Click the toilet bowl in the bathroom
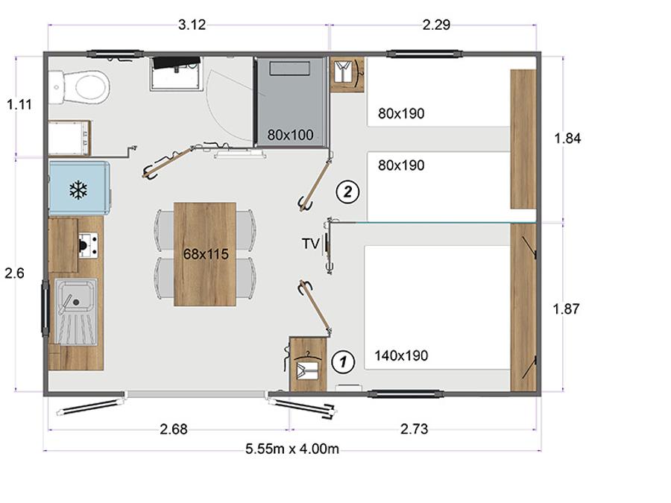[86, 88]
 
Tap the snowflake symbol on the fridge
[78, 189]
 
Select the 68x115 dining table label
[206, 254]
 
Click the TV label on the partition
[311, 244]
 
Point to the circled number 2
[347, 192]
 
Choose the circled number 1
[343, 362]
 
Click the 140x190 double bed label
[401, 355]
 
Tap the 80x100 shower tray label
[290, 135]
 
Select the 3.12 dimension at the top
[192, 25]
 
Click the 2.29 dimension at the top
[436, 25]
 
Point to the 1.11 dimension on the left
[19, 104]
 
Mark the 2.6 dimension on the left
[15, 273]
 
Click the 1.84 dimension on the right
[567, 138]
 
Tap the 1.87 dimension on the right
[566, 309]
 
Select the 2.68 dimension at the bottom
[173, 429]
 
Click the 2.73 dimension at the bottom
[414, 429]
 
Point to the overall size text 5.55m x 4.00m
[292, 449]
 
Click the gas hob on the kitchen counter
[88, 245]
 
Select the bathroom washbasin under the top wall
[176, 74]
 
